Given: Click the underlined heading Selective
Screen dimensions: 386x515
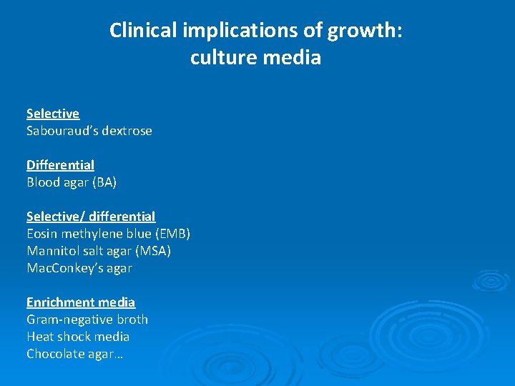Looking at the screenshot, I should (x=53, y=114).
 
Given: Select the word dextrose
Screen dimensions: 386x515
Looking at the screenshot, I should (x=127, y=131).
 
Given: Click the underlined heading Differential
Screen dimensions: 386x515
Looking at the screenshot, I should (x=60, y=165).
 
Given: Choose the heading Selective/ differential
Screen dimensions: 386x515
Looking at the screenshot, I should (x=91, y=217).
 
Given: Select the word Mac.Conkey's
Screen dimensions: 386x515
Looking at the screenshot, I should (x=68, y=268).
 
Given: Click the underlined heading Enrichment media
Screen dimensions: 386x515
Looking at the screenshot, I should (x=81, y=302).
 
